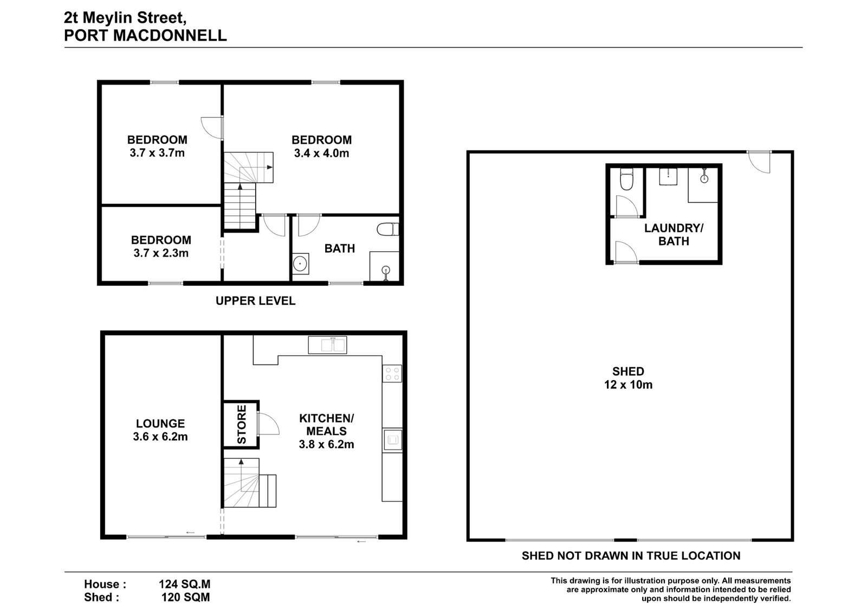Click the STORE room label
[x=241, y=424]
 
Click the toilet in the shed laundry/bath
[x=626, y=179]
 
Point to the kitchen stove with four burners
[x=392, y=373]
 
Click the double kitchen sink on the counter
[x=327, y=345]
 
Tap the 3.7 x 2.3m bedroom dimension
[x=161, y=253]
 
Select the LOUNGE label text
[x=160, y=424]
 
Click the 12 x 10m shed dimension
[x=628, y=385]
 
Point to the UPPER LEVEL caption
[x=255, y=300]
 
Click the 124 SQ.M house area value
[x=185, y=584]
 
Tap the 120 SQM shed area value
[x=186, y=597]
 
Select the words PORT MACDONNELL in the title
[x=145, y=36]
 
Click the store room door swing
[x=268, y=424]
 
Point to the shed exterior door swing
[x=759, y=162]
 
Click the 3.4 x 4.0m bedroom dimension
[x=321, y=153]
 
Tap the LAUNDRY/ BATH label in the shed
[x=674, y=234]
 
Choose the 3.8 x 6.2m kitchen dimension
[x=326, y=444]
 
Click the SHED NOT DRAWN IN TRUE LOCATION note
[x=631, y=556]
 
